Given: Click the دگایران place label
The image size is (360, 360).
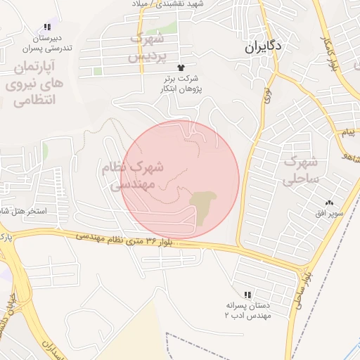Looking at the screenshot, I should pyautogui.click(x=264, y=47).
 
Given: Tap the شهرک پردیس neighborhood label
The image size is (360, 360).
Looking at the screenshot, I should pyautogui.click(x=148, y=46).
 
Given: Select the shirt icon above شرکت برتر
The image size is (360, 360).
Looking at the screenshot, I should pyautogui.click(x=181, y=67).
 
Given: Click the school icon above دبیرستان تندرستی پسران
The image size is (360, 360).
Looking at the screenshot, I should pyautogui.click(x=47, y=27).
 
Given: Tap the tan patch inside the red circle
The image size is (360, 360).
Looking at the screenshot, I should pyautogui.click(x=205, y=206).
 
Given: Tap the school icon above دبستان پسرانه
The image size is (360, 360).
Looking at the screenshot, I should pyautogui.click(x=247, y=295).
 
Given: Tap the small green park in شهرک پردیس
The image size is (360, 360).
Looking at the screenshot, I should pyautogui.click(x=98, y=70).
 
